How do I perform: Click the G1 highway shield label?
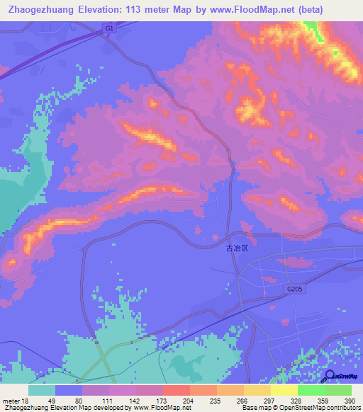[108, 28]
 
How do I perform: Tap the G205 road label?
[296, 289]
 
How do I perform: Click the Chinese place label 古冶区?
[238, 249]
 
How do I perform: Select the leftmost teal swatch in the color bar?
[42, 390]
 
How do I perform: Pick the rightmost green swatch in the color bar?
[337, 390]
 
